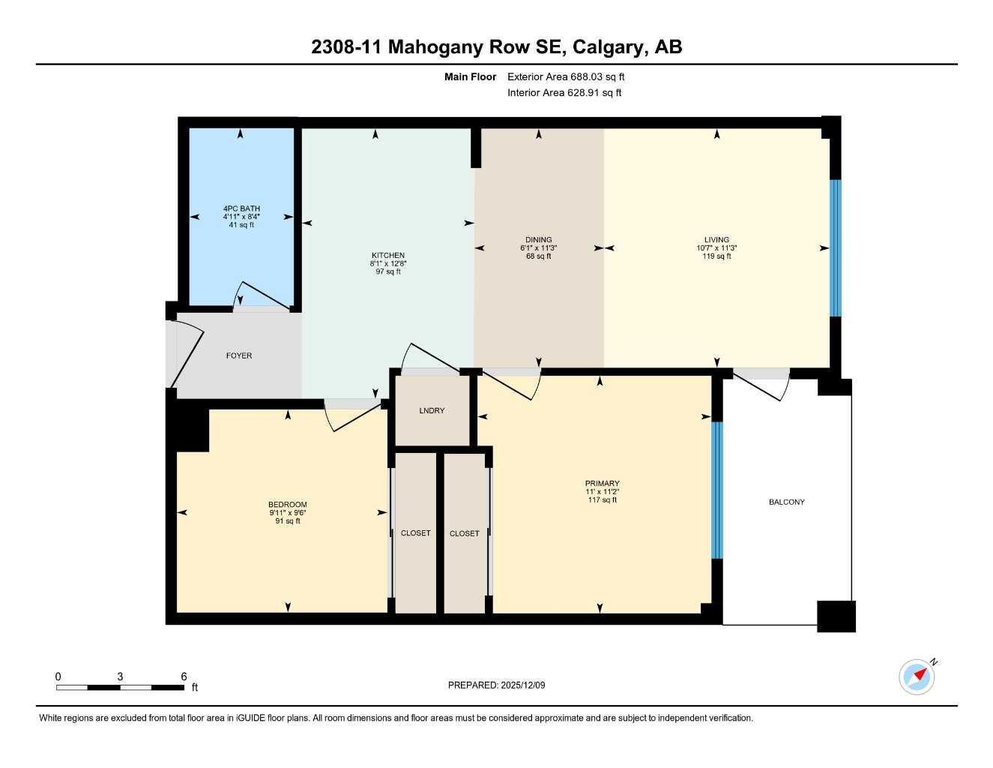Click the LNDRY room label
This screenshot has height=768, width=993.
coord(432,410)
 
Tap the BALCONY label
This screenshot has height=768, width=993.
coord(786,502)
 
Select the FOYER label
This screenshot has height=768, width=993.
coord(239,355)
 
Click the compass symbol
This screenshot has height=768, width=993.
coord(917,676)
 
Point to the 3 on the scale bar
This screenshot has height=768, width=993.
coord(120,676)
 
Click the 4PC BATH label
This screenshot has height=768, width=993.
coord(241,208)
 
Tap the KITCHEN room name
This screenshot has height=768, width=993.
coord(387,255)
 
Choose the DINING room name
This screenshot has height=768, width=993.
coord(538,240)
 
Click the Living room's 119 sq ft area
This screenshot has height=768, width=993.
coord(717,256)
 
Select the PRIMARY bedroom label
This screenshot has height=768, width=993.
coord(603,484)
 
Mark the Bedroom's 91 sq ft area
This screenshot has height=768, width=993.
coord(288,521)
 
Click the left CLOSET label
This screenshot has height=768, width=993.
coord(415,533)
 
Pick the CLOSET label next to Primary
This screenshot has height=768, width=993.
coord(464,534)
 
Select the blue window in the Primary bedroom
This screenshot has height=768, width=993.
coord(716,490)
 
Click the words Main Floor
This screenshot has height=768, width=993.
coord(470,76)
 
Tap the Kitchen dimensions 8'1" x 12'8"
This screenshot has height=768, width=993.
coord(387,263)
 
